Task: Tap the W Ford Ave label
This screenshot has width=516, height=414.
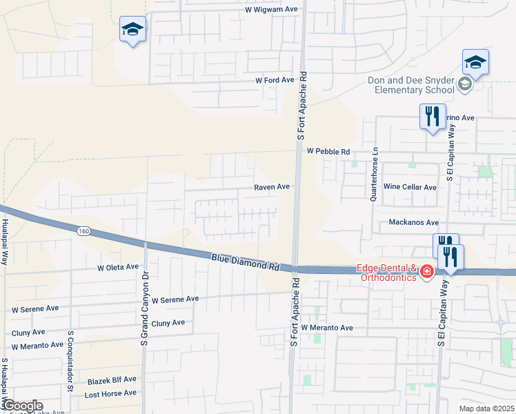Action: click(275, 80)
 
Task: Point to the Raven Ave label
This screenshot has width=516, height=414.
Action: click(272, 186)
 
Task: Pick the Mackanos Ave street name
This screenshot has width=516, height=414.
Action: click(414, 223)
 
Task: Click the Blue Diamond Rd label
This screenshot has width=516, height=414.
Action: click(245, 260)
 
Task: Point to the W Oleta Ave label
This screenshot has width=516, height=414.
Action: click(118, 267)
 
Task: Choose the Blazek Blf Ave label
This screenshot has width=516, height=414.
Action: click(112, 380)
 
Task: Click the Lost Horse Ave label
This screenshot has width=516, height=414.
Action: click(110, 393)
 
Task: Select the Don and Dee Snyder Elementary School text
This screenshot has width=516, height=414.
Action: click(410, 86)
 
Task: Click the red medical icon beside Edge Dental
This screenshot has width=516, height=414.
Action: click(427, 272)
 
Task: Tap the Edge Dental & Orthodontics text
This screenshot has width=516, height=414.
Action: click(386, 272)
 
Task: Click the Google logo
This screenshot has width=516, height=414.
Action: click(22, 406)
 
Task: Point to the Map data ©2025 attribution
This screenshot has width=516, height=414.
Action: click(486, 408)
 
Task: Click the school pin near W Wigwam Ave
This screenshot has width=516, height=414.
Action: click(132, 30)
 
